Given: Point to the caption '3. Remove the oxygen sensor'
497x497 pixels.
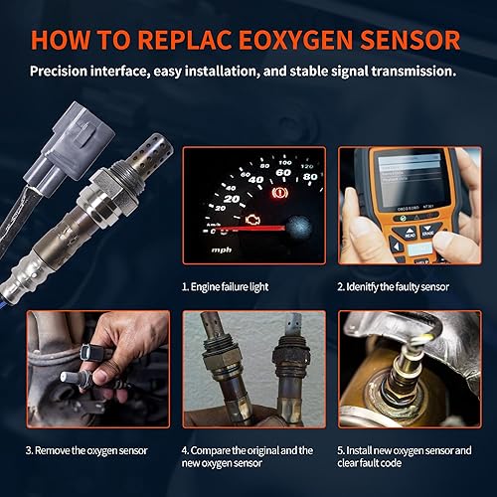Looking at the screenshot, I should [x=86, y=449].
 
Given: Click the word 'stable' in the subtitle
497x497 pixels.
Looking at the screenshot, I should [x=342, y=72].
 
